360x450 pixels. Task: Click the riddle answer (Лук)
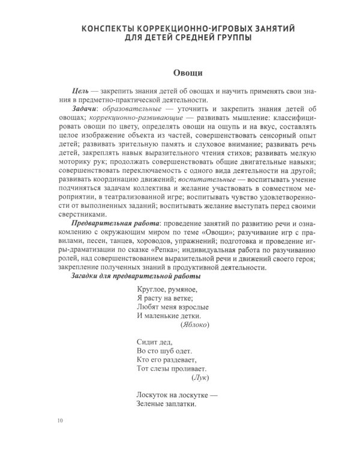[200, 379]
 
